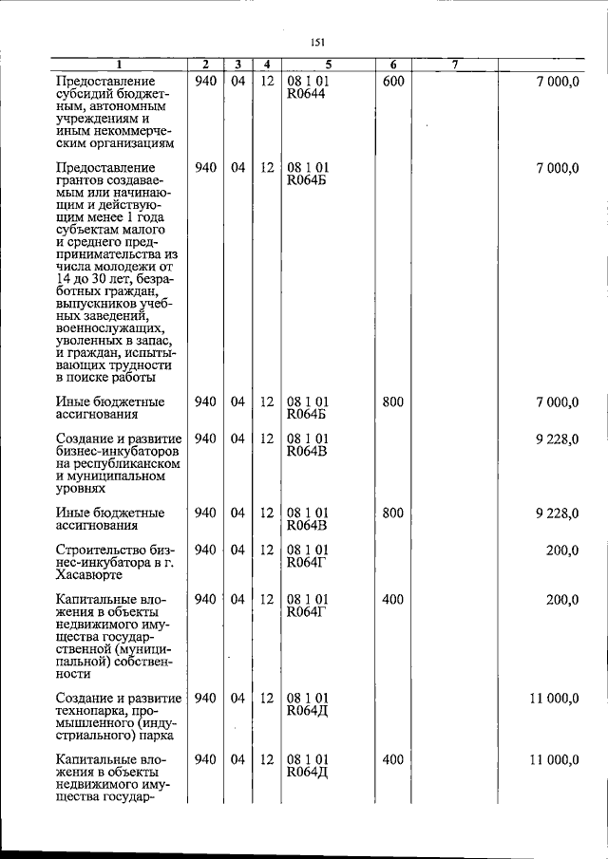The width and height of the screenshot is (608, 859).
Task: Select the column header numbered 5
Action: [328, 65]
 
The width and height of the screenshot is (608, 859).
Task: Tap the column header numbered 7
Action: [455, 65]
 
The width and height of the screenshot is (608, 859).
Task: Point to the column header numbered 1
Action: [118, 65]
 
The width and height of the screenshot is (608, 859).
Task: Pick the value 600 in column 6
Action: [393, 82]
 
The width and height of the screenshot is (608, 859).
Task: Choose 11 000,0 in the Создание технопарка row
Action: [554, 699]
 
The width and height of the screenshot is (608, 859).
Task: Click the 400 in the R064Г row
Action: [393, 599]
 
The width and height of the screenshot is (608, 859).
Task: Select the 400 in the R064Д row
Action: [393, 760]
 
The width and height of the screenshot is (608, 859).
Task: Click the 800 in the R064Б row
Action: [393, 401]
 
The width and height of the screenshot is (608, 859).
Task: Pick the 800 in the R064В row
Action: [393, 513]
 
